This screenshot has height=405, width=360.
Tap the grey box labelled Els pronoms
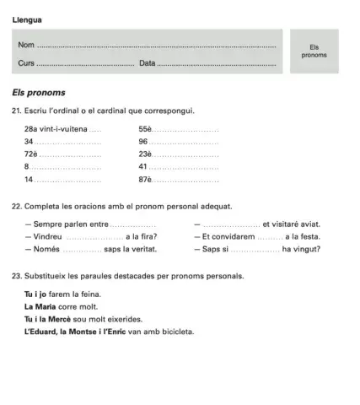(313, 51)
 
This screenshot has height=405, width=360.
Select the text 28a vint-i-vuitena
(56, 129)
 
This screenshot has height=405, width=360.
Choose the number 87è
(145, 181)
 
